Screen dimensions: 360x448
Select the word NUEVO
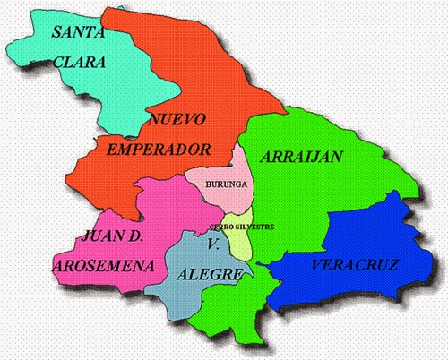tap(178, 118)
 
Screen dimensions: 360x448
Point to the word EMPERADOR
tap(159, 148)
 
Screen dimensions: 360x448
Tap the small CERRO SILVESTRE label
tap(240, 225)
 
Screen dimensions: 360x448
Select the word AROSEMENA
tap(98, 266)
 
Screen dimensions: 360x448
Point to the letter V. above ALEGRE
tap(213, 244)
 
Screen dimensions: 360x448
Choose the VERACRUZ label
tap(355, 266)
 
